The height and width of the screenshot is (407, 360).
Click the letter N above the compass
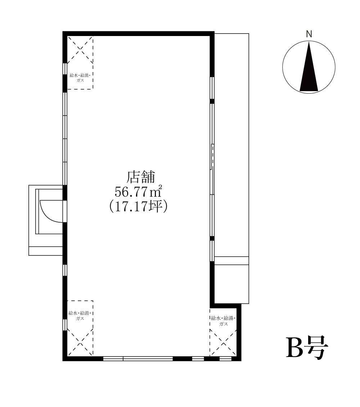point(309,34)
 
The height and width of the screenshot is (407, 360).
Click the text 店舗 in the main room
point(140,177)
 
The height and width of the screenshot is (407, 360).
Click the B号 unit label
point(307,348)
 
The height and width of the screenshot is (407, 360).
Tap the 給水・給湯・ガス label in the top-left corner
point(80,78)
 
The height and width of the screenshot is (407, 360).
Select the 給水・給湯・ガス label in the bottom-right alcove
point(223,321)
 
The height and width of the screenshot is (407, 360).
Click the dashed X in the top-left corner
point(80,50)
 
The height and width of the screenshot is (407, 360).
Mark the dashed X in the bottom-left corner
point(80,341)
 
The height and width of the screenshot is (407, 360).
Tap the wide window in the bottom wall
point(138,359)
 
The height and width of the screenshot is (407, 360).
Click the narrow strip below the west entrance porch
point(46,251)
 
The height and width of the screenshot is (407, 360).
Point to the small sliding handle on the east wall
point(212,157)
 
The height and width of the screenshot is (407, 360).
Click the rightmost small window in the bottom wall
point(225,359)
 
